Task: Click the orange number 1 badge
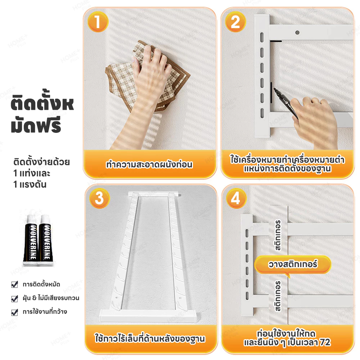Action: click(98, 22)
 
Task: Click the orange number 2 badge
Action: click(235, 22)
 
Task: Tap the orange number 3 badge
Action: click(99, 198)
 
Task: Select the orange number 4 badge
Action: click(236, 198)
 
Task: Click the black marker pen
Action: click(285, 102)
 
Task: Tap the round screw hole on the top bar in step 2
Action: click(297, 32)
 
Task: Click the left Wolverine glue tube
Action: click(31, 239)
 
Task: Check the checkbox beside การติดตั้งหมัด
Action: click(14, 284)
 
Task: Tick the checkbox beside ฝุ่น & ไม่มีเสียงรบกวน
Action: click(14, 298)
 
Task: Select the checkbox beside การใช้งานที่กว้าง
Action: click(14, 312)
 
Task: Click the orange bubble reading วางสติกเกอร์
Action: click(293, 265)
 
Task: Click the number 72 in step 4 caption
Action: click(325, 342)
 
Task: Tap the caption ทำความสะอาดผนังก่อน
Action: click(149, 165)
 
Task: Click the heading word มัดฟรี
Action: click(36, 125)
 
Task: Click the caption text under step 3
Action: click(150, 339)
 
